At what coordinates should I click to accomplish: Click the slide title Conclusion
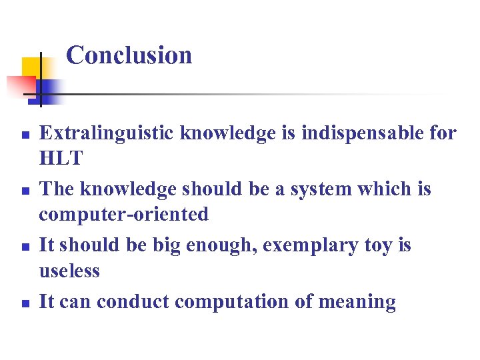pos(129,55)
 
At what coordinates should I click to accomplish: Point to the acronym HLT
pos(61,159)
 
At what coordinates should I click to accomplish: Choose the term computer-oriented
pos(123,215)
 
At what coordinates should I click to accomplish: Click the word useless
pos(69,271)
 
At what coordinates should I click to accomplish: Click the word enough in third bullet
pos(225,245)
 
